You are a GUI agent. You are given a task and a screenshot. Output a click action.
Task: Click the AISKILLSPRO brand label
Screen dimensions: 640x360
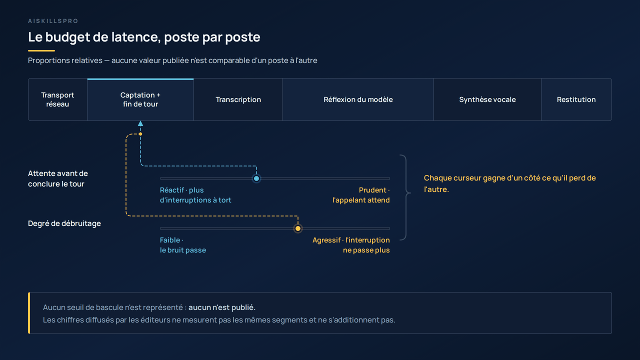(x=53, y=21)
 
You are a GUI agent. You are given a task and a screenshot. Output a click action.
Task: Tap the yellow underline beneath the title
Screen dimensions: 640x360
(x=41, y=50)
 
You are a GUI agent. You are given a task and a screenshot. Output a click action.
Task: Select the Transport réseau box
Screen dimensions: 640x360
(x=57, y=99)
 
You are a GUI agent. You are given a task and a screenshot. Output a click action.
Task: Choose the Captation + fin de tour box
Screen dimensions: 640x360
(x=140, y=99)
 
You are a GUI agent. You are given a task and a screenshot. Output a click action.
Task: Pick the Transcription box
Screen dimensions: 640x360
(x=238, y=99)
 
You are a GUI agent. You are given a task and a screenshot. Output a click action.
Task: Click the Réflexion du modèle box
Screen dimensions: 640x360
(x=358, y=99)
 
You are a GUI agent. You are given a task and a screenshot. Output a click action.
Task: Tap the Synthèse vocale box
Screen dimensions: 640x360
(x=487, y=99)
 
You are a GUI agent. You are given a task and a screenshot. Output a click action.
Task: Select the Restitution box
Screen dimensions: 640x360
(x=576, y=99)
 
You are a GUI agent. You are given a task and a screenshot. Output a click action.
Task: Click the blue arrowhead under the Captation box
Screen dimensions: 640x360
(x=140, y=123)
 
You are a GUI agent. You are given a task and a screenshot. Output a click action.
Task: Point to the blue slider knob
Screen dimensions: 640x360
(x=256, y=178)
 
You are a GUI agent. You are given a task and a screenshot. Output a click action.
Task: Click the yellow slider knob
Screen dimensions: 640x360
(x=297, y=228)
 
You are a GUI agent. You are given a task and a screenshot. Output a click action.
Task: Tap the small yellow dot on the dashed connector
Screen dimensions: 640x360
(x=140, y=134)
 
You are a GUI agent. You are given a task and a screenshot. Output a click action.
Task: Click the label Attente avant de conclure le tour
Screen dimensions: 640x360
(x=58, y=178)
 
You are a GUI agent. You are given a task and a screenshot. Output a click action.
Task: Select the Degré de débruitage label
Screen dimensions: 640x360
(x=64, y=223)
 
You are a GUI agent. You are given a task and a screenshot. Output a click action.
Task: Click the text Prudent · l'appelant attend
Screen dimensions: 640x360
(x=361, y=195)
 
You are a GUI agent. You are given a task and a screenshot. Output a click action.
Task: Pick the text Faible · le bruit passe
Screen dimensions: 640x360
(x=183, y=245)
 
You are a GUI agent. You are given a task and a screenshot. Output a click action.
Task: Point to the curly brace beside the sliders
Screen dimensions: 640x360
(x=406, y=197)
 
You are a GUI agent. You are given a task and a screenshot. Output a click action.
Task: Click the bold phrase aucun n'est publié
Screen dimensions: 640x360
(x=221, y=307)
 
